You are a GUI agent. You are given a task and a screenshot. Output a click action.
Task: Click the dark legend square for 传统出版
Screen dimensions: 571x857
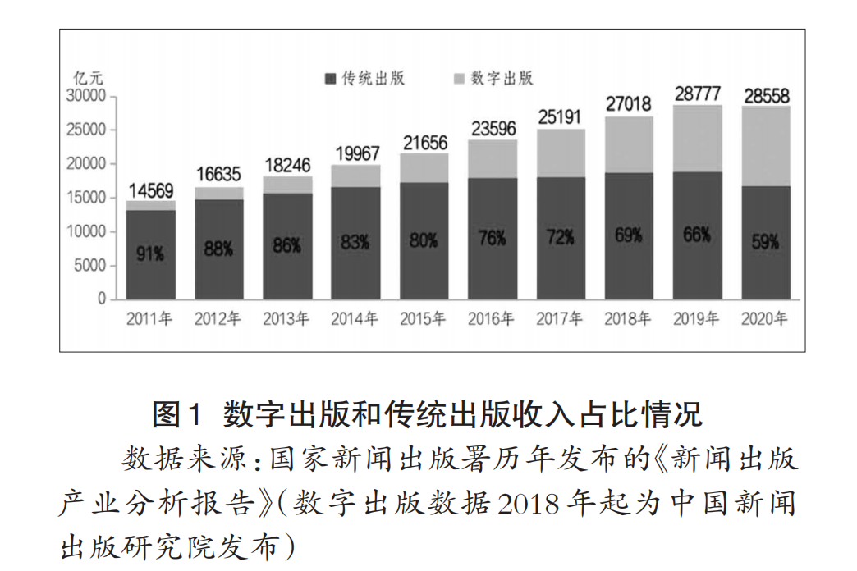(330, 79)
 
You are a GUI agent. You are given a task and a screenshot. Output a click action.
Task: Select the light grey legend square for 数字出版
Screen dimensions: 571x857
(459, 79)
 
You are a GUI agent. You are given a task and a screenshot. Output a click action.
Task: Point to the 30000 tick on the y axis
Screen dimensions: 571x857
(85, 96)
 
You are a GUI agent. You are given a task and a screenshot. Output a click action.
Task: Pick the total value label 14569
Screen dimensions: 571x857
(150, 190)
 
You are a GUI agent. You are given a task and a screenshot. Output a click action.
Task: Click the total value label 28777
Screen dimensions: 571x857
(698, 94)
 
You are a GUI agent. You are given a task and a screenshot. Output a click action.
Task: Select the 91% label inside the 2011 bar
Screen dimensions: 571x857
(150, 254)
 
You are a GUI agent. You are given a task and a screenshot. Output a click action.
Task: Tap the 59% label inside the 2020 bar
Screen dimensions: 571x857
(766, 244)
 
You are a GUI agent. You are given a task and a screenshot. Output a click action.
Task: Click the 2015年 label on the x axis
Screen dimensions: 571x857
(424, 319)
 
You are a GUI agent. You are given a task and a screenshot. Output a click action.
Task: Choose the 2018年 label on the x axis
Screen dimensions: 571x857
(629, 319)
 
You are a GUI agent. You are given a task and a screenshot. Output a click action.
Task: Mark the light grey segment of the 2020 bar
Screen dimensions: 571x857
(766, 146)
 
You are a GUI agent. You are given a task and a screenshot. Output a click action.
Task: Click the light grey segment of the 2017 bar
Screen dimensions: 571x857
(561, 153)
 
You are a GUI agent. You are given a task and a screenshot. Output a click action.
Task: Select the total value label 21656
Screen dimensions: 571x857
(424, 142)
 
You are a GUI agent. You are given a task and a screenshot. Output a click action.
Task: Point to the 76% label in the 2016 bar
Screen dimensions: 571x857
(493, 239)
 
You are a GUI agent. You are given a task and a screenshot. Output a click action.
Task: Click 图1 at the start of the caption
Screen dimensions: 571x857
(176, 413)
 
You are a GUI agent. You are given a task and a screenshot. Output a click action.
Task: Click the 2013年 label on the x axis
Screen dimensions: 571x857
(286, 319)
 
